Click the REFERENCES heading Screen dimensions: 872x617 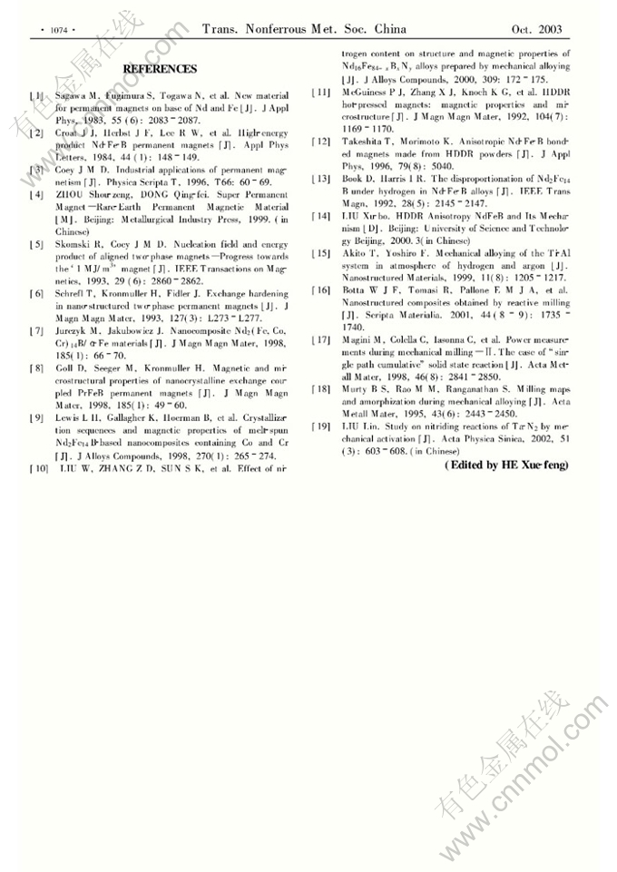click(x=160, y=69)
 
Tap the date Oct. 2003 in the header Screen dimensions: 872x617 click(x=537, y=30)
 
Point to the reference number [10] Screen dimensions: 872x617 click(x=38, y=468)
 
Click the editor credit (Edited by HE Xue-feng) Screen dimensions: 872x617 click(x=505, y=465)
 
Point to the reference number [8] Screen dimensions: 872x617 click(x=35, y=368)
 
